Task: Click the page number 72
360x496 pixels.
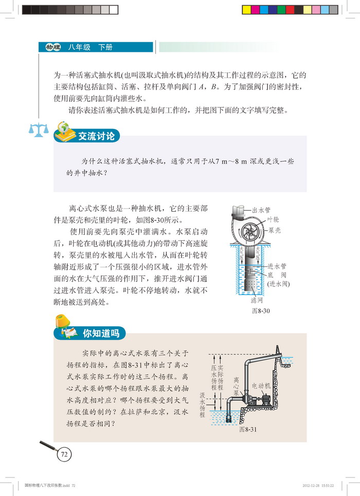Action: [x=64, y=454]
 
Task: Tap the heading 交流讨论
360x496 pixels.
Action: [x=96, y=136]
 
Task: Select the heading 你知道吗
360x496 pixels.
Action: [x=101, y=333]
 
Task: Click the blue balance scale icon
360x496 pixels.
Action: [x=39, y=130]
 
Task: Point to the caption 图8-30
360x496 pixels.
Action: [x=261, y=310]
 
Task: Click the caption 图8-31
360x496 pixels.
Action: [x=248, y=429]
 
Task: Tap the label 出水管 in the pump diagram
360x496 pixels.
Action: [x=261, y=210]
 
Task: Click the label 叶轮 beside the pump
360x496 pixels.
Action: [x=273, y=219]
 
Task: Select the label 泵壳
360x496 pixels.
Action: [x=275, y=230]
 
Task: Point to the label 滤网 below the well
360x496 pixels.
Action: [x=257, y=300]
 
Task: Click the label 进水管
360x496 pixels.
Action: [x=277, y=266]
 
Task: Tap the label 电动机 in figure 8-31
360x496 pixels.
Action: [x=261, y=386]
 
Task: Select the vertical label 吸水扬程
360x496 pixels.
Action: [x=202, y=405]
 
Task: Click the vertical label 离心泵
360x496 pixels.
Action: [x=236, y=386]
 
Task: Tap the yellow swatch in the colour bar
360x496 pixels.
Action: [x=246, y=10]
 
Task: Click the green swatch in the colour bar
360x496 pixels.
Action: [x=281, y=10]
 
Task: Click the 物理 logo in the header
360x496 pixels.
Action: [x=53, y=47]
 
